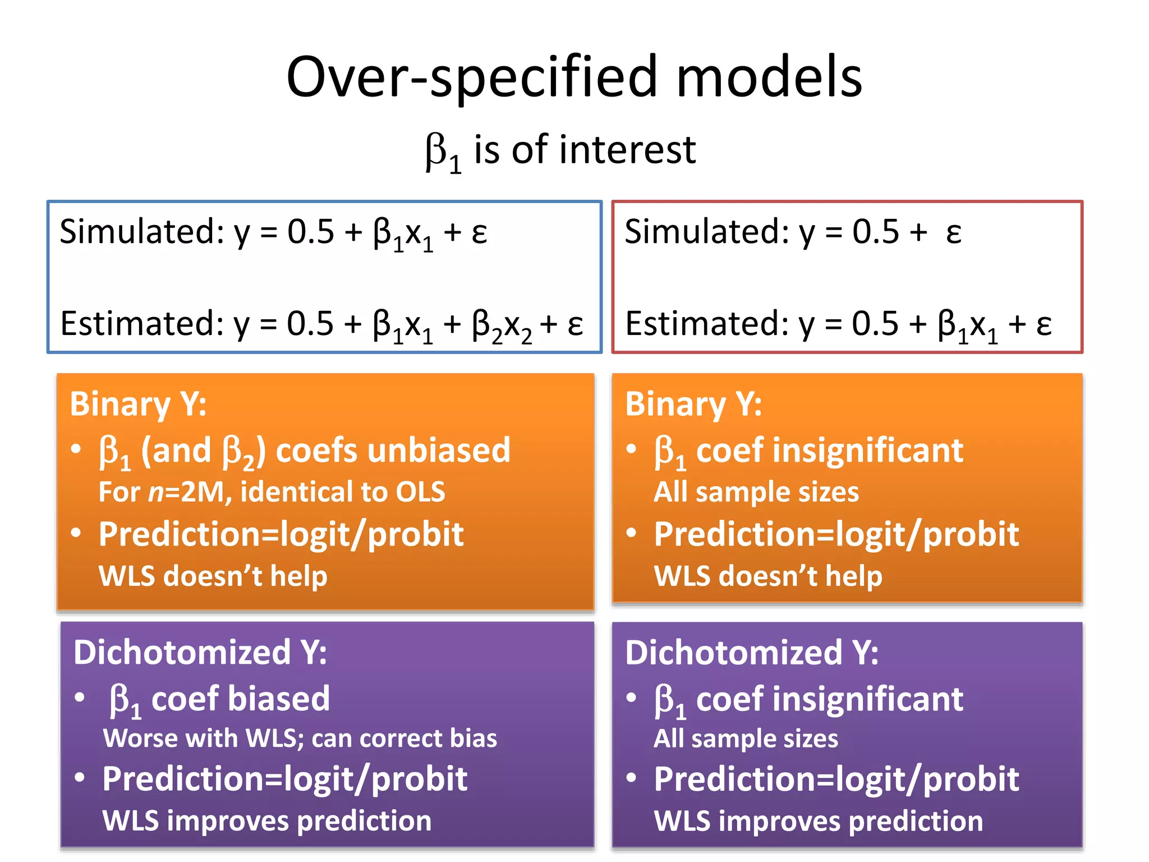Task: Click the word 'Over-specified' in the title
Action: [x=471, y=77]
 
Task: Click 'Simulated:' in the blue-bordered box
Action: [x=142, y=231]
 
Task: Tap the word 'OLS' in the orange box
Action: [x=420, y=492]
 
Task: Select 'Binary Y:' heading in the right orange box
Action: [x=693, y=404]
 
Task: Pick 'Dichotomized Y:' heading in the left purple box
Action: [x=200, y=652]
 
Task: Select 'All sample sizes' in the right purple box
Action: [x=746, y=739]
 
